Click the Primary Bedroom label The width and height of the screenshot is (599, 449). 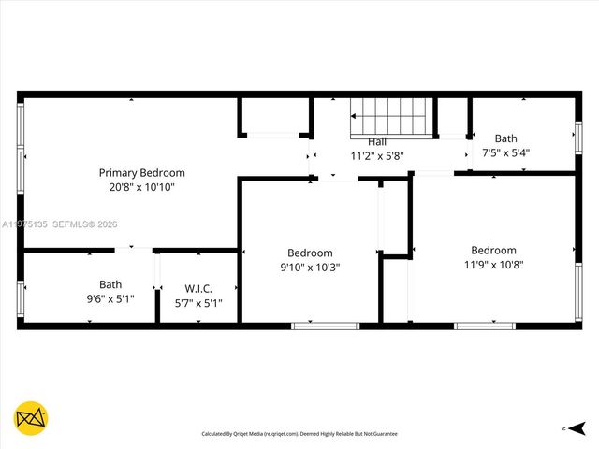(142, 173)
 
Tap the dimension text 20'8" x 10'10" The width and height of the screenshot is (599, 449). (142, 187)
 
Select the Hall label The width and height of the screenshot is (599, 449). (377, 141)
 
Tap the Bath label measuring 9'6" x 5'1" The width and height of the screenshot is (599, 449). (110, 284)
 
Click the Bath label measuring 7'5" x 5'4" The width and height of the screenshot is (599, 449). (506, 138)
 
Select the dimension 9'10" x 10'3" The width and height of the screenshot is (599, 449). (310, 267)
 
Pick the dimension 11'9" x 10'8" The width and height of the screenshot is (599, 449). (493, 264)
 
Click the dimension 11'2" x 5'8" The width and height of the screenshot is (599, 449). (377, 155)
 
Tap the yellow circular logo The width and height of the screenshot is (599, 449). (31, 417)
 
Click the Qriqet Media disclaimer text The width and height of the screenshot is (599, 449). (299, 434)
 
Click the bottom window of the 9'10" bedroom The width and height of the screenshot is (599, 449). (325, 326)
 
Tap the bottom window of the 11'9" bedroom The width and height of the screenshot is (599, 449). (484, 326)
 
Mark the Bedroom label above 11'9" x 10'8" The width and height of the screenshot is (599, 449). (493, 250)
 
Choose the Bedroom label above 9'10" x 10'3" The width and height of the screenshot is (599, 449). (310, 253)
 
